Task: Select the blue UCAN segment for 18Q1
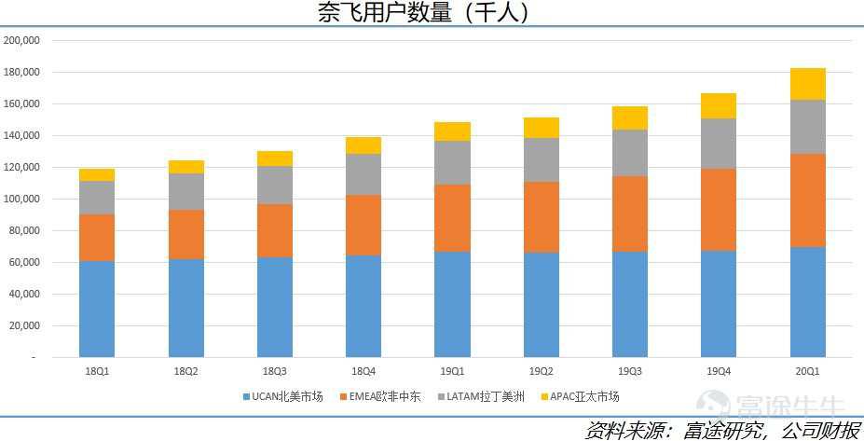tap(97, 309)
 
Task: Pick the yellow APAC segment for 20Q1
tap(808, 84)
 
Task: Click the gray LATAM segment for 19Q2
tap(542, 159)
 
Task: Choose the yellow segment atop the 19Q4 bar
tap(719, 105)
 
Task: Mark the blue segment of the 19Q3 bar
tap(630, 304)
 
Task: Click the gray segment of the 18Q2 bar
tap(186, 191)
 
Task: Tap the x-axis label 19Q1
tap(452, 371)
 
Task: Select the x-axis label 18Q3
tap(275, 371)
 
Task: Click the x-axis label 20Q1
tap(808, 371)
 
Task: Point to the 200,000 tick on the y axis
tap(21, 41)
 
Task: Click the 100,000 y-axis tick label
tap(21, 200)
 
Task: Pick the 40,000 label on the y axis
tap(23, 295)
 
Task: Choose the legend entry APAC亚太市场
tap(580, 397)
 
